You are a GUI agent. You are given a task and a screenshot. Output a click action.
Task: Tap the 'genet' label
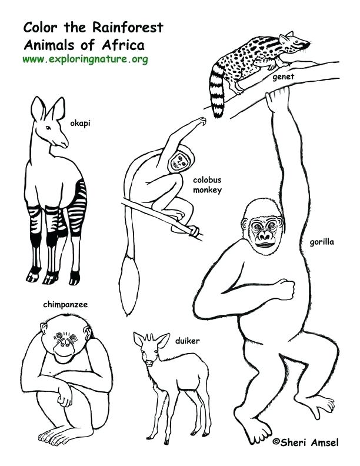(283, 76)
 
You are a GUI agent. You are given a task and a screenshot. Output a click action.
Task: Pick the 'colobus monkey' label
(206, 185)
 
